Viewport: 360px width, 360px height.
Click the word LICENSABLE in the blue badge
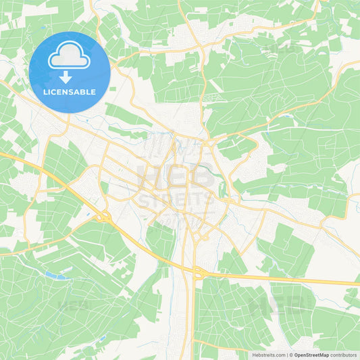(70, 92)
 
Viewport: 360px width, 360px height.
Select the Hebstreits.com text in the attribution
(268, 355)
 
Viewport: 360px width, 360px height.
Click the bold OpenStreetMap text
(311, 355)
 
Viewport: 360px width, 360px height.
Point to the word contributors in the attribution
(344, 355)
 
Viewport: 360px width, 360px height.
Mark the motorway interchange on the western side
(104, 217)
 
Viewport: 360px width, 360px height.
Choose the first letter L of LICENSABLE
(45, 92)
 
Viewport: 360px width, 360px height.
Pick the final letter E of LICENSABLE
(93, 92)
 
